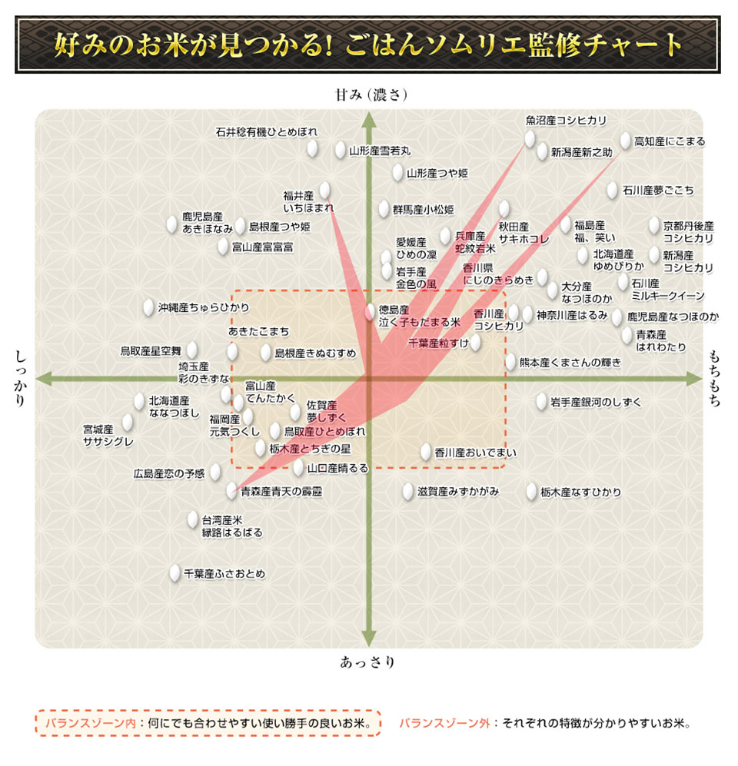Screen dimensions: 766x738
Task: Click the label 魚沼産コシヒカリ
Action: tap(566, 121)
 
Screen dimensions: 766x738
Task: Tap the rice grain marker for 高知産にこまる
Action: tap(626, 141)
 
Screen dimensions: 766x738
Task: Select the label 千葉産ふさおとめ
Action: tap(224, 573)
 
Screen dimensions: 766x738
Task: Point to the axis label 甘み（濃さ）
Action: tap(370, 95)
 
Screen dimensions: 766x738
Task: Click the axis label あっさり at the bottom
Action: tap(367, 662)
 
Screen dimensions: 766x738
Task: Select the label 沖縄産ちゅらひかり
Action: tap(204, 307)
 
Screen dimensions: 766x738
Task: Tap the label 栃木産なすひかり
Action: tap(580, 492)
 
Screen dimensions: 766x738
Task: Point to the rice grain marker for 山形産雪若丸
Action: tap(340, 151)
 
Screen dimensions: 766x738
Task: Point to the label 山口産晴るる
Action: tap(337, 467)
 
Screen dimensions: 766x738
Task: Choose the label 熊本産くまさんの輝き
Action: tap(570, 362)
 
